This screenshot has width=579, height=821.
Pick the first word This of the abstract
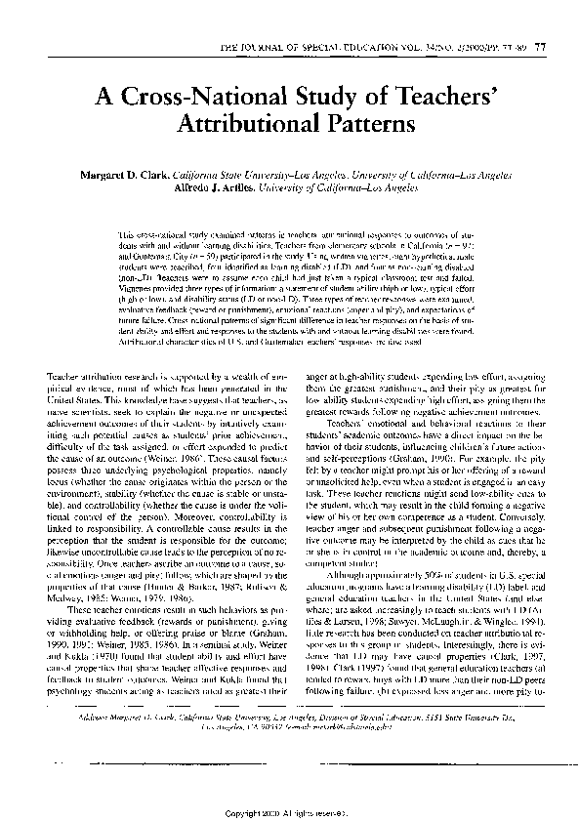126,235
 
